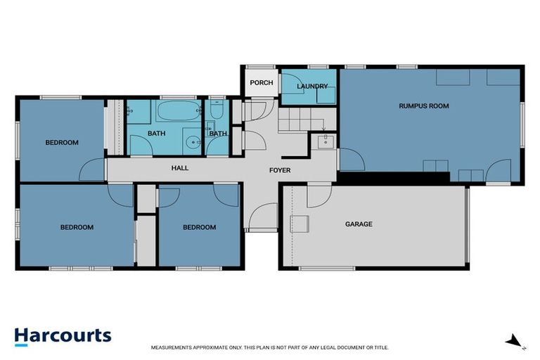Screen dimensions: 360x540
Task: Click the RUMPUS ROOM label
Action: pyautogui.click(x=423, y=106)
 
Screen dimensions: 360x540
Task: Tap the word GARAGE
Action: pyautogui.click(x=358, y=224)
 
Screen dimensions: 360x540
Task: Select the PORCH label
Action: pyautogui.click(x=261, y=83)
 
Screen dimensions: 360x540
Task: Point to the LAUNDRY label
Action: pyautogui.click(x=312, y=86)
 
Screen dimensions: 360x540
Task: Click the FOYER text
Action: pyautogui.click(x=280, y=170)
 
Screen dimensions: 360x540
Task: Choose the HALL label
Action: pyautogui.click(x=180, y=169)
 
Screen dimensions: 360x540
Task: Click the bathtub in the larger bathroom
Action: pyautogui.click(x=177, y=112)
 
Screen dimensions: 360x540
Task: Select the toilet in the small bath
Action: pyautogui.click(x=217, y=112)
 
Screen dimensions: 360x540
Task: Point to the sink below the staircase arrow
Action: pyautogui.click(x=326, y=143)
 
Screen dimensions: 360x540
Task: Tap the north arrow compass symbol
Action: pyautogui.click(x=515, y=342)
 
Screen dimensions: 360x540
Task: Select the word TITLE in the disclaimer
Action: pyautogui.click(x=379, y=347)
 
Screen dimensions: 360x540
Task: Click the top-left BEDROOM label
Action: pyautogui.click(x=62, y=143)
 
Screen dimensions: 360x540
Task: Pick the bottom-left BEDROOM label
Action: pyautogui.click(x=76, y=227)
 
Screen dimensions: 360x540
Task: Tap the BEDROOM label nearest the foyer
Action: pyautogui.click(x=199, y=227)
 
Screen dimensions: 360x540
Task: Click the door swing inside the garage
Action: pyautogui.click(x=319, y=193)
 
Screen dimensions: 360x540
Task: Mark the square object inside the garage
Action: pyautogui.click(x=300, y=224)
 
